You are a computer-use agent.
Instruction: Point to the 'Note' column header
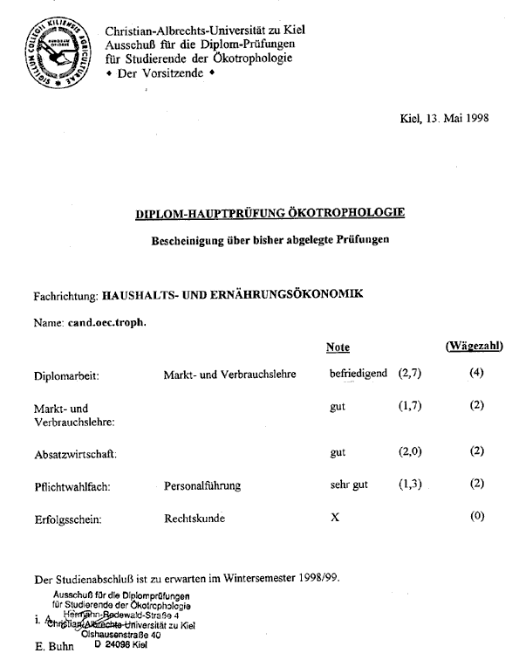click(338, 347)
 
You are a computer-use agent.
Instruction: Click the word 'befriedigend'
click(359, 375)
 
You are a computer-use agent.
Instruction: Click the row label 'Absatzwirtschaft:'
click(74, 455)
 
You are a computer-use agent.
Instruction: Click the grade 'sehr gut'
click(349, 485)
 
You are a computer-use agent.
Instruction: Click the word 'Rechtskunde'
click(195, 518)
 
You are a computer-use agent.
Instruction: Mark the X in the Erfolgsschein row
click(335, 518)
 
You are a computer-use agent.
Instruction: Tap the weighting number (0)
click(476, 517)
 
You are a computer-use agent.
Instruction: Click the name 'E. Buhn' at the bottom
click(53, 648)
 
